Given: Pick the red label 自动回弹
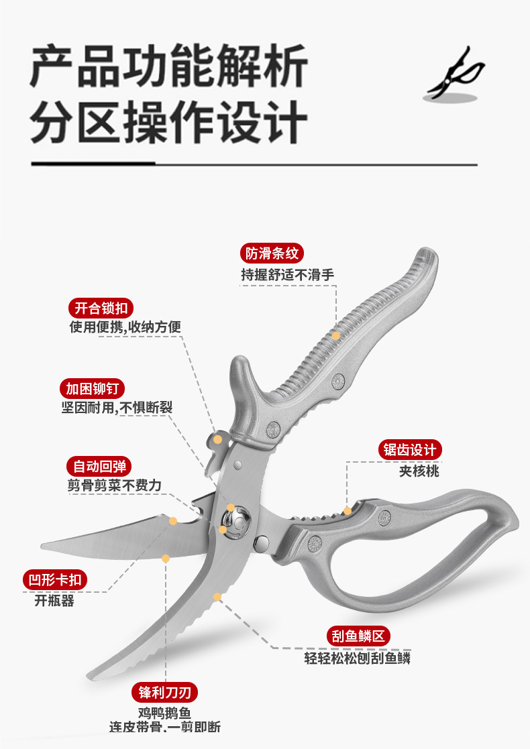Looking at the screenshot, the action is (99, 467).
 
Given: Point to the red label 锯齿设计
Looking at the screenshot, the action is (410, 449).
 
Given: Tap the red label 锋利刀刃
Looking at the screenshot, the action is (164, 692).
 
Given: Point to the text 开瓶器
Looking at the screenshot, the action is (54, 601).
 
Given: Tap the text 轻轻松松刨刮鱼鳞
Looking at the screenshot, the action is (358, 658).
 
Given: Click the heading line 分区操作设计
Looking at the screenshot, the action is (168, 122).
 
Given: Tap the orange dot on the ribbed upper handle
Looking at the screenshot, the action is (336, 335).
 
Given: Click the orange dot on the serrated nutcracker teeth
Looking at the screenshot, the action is (347, 511).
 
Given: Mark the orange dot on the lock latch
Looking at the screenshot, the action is (217, 439).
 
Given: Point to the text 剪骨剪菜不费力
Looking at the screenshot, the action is (114, 486).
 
